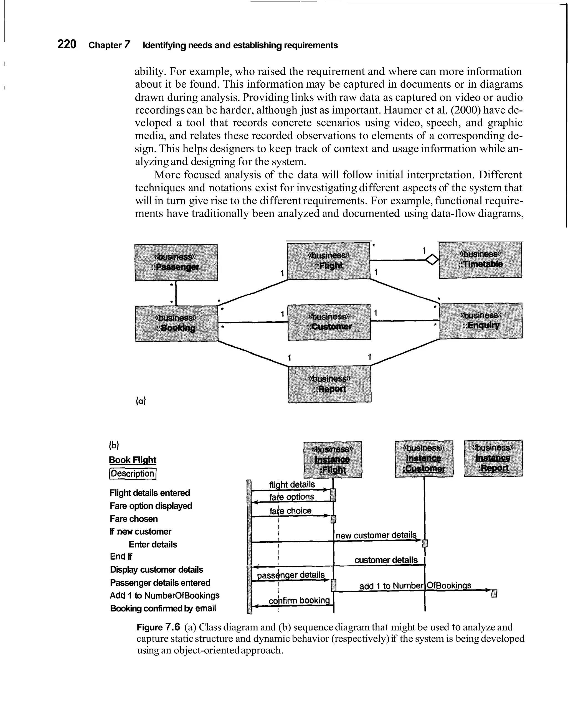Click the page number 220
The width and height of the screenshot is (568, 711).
[67, 44]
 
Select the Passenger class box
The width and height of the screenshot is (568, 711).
[176, 263]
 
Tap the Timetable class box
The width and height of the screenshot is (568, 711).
[480, 260]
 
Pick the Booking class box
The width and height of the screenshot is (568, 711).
[176, 324]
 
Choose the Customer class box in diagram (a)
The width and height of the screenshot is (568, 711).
[329, 322]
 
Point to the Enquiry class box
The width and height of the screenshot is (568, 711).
[481, 321]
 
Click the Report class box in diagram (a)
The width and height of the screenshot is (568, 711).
[329, 384]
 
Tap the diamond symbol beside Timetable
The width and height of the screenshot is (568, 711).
[432, 260]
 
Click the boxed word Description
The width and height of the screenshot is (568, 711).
[133, 474]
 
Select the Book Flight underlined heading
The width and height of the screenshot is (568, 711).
[132, 460]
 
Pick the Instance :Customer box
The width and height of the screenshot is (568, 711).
[424, 459]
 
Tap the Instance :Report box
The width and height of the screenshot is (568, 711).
[493, 458]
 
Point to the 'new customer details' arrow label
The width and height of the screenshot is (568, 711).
[376, 535]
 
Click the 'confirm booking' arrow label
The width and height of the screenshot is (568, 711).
[299, 601]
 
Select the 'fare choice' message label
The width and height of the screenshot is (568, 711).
[290, 511]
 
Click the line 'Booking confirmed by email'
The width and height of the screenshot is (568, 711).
[163, 608]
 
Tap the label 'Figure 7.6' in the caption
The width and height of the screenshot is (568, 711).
[158, 627]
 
